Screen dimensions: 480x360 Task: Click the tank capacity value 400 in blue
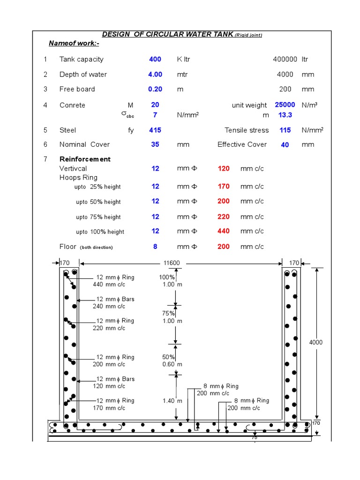tap(155, 59)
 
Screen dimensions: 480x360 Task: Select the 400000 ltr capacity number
tap(285, 59)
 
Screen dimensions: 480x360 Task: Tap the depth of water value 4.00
tap(155, 74)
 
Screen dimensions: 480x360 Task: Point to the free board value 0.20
tap(155, 89)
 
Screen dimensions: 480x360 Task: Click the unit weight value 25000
tap(285, 105)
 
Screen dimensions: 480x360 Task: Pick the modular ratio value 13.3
tap(285, 115)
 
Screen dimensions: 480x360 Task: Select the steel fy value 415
tap(155, 130)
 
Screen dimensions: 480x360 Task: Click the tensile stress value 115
tap(285, 130)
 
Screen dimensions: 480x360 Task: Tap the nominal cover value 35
tap(155, 144)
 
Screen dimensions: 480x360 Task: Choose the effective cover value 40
tap(285, 145)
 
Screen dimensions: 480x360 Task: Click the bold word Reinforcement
tap(85, 159)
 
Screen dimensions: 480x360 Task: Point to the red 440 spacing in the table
tap(224, 231)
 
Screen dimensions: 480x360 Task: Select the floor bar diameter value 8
tap(155, 247)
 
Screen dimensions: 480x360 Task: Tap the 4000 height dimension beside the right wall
tap(316, 343)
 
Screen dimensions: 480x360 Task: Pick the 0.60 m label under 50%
tap(172, 364)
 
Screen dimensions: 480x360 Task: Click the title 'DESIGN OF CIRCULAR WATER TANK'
tap(167, 34)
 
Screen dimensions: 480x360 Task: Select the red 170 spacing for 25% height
tap(224, 187)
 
